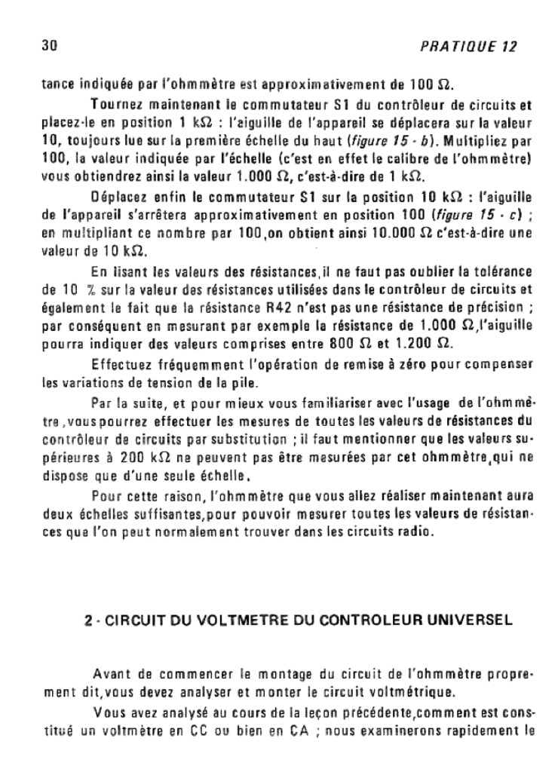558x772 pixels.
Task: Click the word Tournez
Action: tap(112, 104)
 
